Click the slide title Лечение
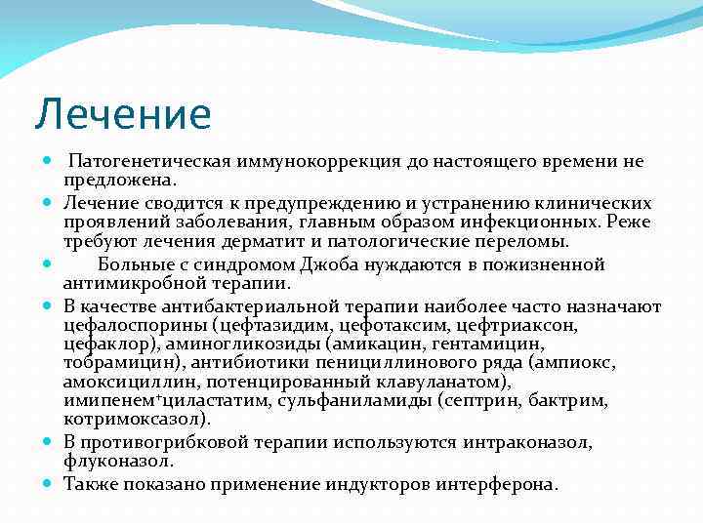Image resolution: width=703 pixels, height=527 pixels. (122, 114)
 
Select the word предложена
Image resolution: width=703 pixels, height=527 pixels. (119, 180)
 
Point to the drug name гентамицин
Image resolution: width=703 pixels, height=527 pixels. (497, 345)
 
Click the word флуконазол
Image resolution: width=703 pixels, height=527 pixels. (116, 461)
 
